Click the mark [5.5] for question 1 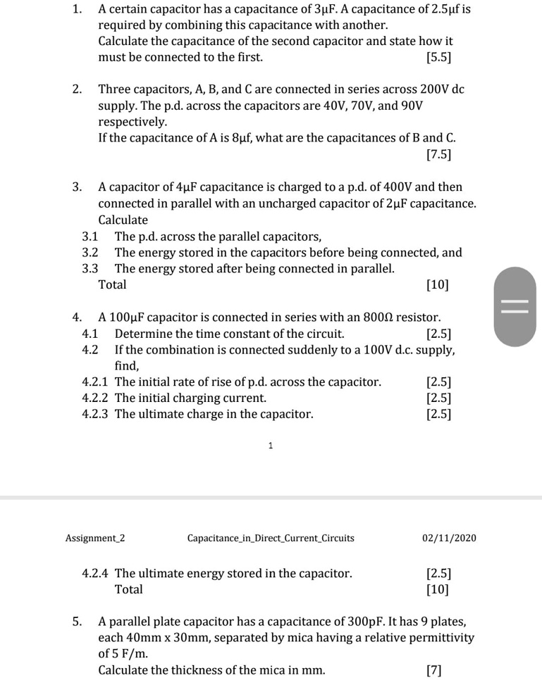pyautogui.click(x=439, y=57)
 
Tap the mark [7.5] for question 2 pyautogui.click(x=439, y=153)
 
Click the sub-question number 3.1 pyautogui.click(x=90, y=237)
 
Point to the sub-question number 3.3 pyautogui.click(x=90, y=268)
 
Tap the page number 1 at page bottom pyautogui.click(x=271, y=445)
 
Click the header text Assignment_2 pyautogui.click(x=95, y=539)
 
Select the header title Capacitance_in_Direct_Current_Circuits pyautogui.click(x=271, y=539)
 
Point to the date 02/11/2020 pyautogui.click(x=449, y=539)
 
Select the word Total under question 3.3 pyautogui.click(x=112, y=285)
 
